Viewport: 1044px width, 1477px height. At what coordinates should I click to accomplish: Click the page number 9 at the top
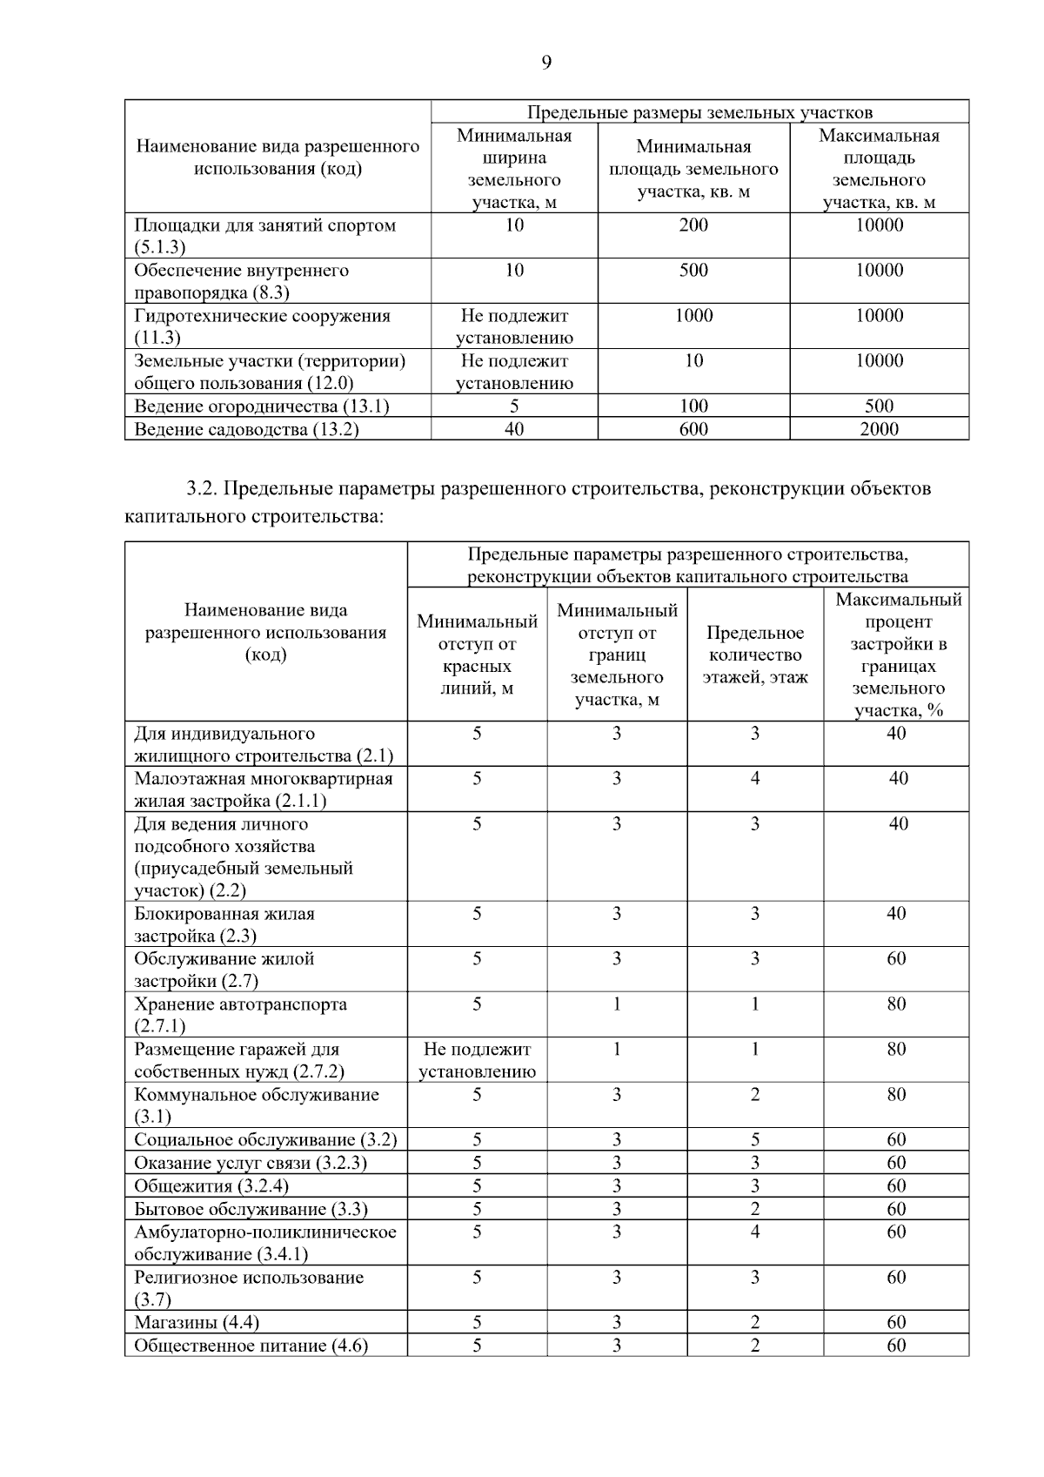546,62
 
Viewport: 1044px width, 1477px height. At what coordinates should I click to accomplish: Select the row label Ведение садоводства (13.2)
246,429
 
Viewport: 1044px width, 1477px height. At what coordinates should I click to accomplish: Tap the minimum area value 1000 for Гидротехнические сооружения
693,316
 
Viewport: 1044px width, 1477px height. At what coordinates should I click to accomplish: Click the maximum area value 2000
879,429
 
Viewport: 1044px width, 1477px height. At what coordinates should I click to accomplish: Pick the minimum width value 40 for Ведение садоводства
514,429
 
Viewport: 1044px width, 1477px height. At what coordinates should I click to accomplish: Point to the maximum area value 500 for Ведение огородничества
879,406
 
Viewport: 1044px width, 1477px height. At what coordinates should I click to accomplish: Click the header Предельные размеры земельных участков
699,112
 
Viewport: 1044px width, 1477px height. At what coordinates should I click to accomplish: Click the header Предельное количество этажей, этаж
755,655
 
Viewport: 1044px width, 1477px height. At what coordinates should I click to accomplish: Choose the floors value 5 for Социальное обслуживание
755,1140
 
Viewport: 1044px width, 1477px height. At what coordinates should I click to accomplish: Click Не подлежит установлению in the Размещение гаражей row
477,1060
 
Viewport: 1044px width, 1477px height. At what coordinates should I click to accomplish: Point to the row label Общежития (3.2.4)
211,1186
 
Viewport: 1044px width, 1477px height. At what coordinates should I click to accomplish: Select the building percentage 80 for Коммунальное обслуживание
896,1095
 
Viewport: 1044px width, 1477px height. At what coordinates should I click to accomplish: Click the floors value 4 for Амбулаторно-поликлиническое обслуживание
755,1232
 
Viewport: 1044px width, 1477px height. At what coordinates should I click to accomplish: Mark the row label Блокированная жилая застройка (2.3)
224,924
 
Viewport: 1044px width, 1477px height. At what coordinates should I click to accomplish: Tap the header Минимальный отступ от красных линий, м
477,655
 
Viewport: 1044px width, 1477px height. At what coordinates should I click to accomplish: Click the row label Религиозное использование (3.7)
249,1288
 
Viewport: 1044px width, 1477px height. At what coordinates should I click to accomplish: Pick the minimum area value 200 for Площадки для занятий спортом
693,225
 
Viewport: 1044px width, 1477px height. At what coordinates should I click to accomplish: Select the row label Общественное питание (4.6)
251,1346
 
